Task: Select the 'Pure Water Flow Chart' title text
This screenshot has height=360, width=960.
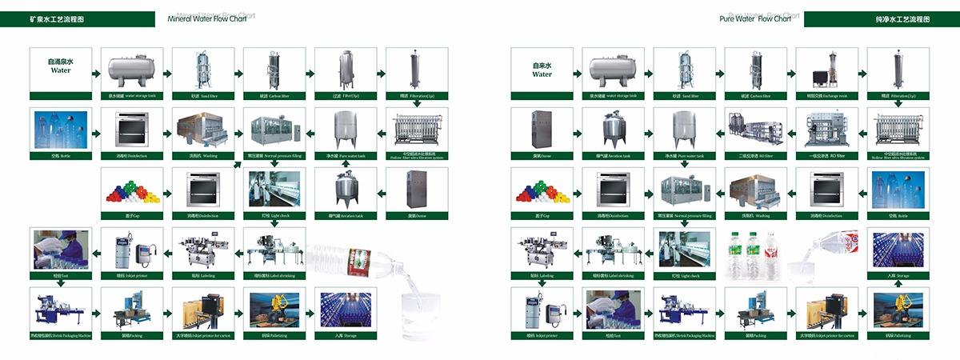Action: point(755,18)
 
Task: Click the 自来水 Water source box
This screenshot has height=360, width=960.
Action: point(542,69)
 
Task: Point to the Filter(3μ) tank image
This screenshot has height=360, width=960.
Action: point(346,69)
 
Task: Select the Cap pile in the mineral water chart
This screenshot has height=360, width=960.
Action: point(131,190)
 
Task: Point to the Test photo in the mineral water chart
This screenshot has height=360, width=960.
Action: point(60,250)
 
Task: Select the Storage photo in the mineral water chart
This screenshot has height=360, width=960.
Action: point(346,310)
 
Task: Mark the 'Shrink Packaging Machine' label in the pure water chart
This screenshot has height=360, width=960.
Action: point(684,336)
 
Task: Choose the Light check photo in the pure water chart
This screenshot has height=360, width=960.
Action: point(684,250)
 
